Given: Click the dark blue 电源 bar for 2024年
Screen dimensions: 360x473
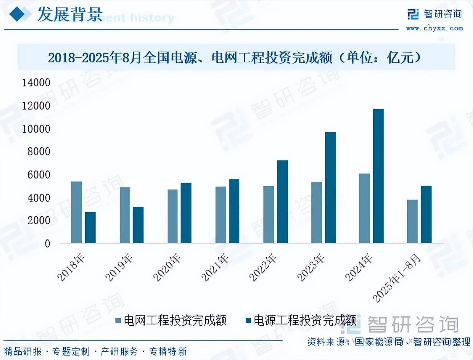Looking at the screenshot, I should pos(378,176).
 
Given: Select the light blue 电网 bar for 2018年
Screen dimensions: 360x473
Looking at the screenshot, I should pos(77,212).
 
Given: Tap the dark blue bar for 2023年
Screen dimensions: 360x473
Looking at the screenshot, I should pos(330,188).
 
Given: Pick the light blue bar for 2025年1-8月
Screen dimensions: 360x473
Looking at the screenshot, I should pos(412,221).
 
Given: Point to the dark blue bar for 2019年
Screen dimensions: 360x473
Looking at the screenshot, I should pos(138,225).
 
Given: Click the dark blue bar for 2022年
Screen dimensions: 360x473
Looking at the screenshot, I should pos(282,202).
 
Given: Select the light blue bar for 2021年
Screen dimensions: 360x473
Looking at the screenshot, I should pos(221,215).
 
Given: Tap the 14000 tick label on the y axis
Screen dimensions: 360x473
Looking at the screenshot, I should pos(36,83).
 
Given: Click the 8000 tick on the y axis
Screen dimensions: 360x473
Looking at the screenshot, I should pos(38,152).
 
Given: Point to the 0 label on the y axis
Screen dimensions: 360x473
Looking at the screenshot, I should pos(48,244).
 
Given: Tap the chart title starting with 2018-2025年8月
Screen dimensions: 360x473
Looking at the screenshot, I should pos(234,57).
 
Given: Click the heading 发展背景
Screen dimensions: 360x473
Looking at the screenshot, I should pos(70,15).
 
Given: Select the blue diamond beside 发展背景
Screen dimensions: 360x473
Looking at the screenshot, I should pos(20,15).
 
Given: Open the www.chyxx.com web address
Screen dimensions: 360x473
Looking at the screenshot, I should pos(434,28).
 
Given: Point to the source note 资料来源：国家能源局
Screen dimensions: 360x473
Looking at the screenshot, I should pos(355,341).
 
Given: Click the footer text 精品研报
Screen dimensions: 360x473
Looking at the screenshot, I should pos(23,351).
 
